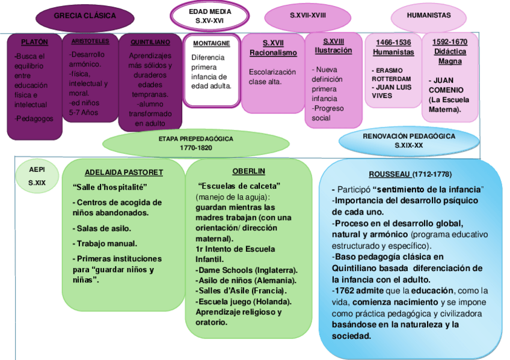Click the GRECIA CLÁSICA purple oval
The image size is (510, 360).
click(85, 16)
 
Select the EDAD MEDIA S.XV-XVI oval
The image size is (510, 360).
click(209, 16)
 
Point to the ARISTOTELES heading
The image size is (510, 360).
click(90, 41)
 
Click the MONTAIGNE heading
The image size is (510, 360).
click(211, 43)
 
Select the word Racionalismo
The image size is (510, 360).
click(273, 53)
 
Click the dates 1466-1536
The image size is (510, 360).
click(393, 42)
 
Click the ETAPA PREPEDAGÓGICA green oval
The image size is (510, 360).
click(196, 143)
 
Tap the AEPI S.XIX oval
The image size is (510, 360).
click(37, 176)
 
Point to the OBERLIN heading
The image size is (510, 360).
click(248, 171)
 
